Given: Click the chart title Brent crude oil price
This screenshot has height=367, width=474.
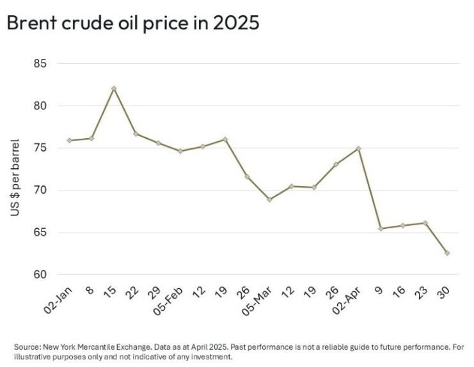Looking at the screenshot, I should coord(132,23).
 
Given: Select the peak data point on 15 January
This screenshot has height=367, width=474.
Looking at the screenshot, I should coord(114,88).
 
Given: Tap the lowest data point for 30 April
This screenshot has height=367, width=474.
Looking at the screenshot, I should coord(446,253).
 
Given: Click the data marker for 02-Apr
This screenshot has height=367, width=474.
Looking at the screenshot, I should coord(358,148).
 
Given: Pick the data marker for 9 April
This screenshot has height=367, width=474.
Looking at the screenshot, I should coord(381,228).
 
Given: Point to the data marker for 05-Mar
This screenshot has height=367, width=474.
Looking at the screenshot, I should coord(269,199).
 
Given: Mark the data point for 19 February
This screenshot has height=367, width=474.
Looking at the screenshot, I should coord(225,139).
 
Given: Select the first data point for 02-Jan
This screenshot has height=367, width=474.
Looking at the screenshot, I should coord(69,140).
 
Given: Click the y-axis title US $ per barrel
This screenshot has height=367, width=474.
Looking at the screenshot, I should coord(15,177).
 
